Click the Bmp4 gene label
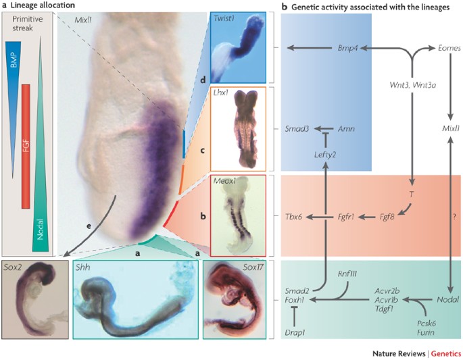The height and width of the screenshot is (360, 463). pyautogui.click(x=348, y=49)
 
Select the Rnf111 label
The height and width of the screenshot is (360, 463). pyautogui.click(x=349, y=274)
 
